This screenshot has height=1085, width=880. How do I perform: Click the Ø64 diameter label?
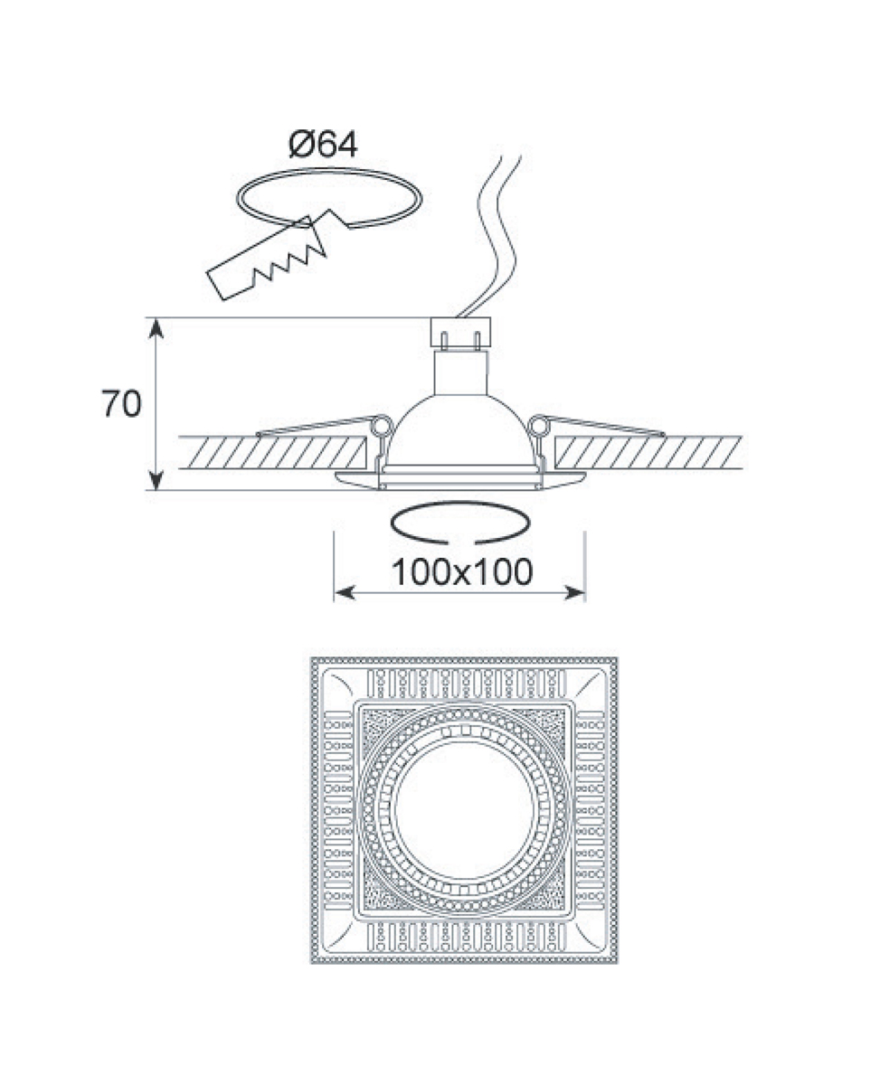coord(323,145)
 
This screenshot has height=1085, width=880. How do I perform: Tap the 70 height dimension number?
coord(121,403)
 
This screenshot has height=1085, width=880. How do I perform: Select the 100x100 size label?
coord(462,572)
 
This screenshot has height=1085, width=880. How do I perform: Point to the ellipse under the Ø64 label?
coord(329,198)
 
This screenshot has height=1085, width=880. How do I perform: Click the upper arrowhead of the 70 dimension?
coord(156,327)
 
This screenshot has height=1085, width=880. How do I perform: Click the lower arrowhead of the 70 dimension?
coord(156,480)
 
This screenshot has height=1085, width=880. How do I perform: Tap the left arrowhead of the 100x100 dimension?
coord(344,592)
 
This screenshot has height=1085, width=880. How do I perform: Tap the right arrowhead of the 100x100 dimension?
coord(575,592)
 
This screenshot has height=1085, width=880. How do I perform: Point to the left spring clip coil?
coord(381,427)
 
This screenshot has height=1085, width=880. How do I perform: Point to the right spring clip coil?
coord(540,427)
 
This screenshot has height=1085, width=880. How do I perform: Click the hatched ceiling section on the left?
coord(272,452)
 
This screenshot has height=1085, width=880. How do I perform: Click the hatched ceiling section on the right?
coord(648,452)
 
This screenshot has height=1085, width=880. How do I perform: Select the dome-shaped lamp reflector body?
coord(460,429)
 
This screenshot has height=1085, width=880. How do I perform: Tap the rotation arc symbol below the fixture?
coord(460,524)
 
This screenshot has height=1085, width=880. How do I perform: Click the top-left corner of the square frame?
coord(311,657)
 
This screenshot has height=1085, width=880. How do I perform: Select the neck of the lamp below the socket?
coord(461,373)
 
